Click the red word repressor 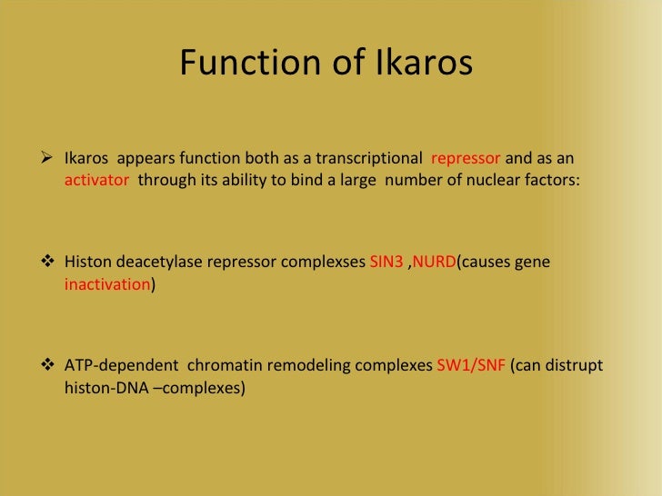coord(466,158)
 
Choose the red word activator coord(97,180)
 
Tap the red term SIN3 coord(386,263)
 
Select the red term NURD coord(434,263)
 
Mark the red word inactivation coord(107,284)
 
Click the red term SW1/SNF coord(471,367)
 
